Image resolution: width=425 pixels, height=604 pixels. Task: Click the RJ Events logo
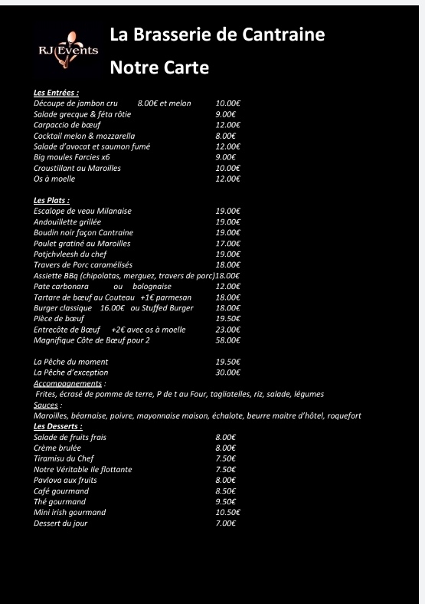coord(68,50)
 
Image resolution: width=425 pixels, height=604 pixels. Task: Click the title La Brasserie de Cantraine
coord(217,34)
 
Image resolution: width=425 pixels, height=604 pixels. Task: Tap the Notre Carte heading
coord(159,67)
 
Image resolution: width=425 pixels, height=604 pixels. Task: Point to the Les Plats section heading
coord(51,200)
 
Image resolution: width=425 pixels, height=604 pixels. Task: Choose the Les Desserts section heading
coord(57,425)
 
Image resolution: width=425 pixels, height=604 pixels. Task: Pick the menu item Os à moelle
coord(54,179)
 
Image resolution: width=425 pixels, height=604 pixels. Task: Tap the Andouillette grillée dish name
coord(67,222)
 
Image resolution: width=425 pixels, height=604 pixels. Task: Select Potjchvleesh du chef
coord(70,254)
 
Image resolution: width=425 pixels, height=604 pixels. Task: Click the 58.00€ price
coord(228,340)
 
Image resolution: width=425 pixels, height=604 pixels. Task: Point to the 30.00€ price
coord(228,372)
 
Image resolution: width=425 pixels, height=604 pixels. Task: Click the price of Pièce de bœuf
coord(228,318)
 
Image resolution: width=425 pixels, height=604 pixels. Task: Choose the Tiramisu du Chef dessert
coord(64,458)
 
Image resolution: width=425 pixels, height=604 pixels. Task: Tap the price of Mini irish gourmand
coord(228,512)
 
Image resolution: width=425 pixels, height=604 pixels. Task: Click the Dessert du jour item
coord(60,523)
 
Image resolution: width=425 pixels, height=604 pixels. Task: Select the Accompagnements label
coord(68,382)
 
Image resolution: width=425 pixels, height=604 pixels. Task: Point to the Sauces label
coord(47,404)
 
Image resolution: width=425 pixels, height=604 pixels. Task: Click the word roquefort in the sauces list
coord(344,415)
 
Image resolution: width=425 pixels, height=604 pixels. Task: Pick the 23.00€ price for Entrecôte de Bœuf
coord(228,329)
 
